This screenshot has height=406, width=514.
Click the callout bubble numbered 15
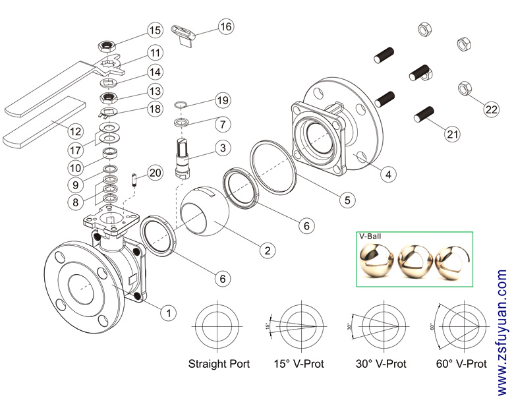click(x=155, y=30)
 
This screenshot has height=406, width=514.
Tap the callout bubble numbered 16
click(x=225, y=26)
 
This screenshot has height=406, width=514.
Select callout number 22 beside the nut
click(x=491, y=109)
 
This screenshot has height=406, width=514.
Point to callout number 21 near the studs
click(x=452, y=134)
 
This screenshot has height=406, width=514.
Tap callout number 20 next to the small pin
click(x=155, y=173)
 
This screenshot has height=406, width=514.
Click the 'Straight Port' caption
click(x=219, y=364)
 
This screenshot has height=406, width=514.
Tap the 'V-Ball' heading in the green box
click(x=370, y=235)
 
